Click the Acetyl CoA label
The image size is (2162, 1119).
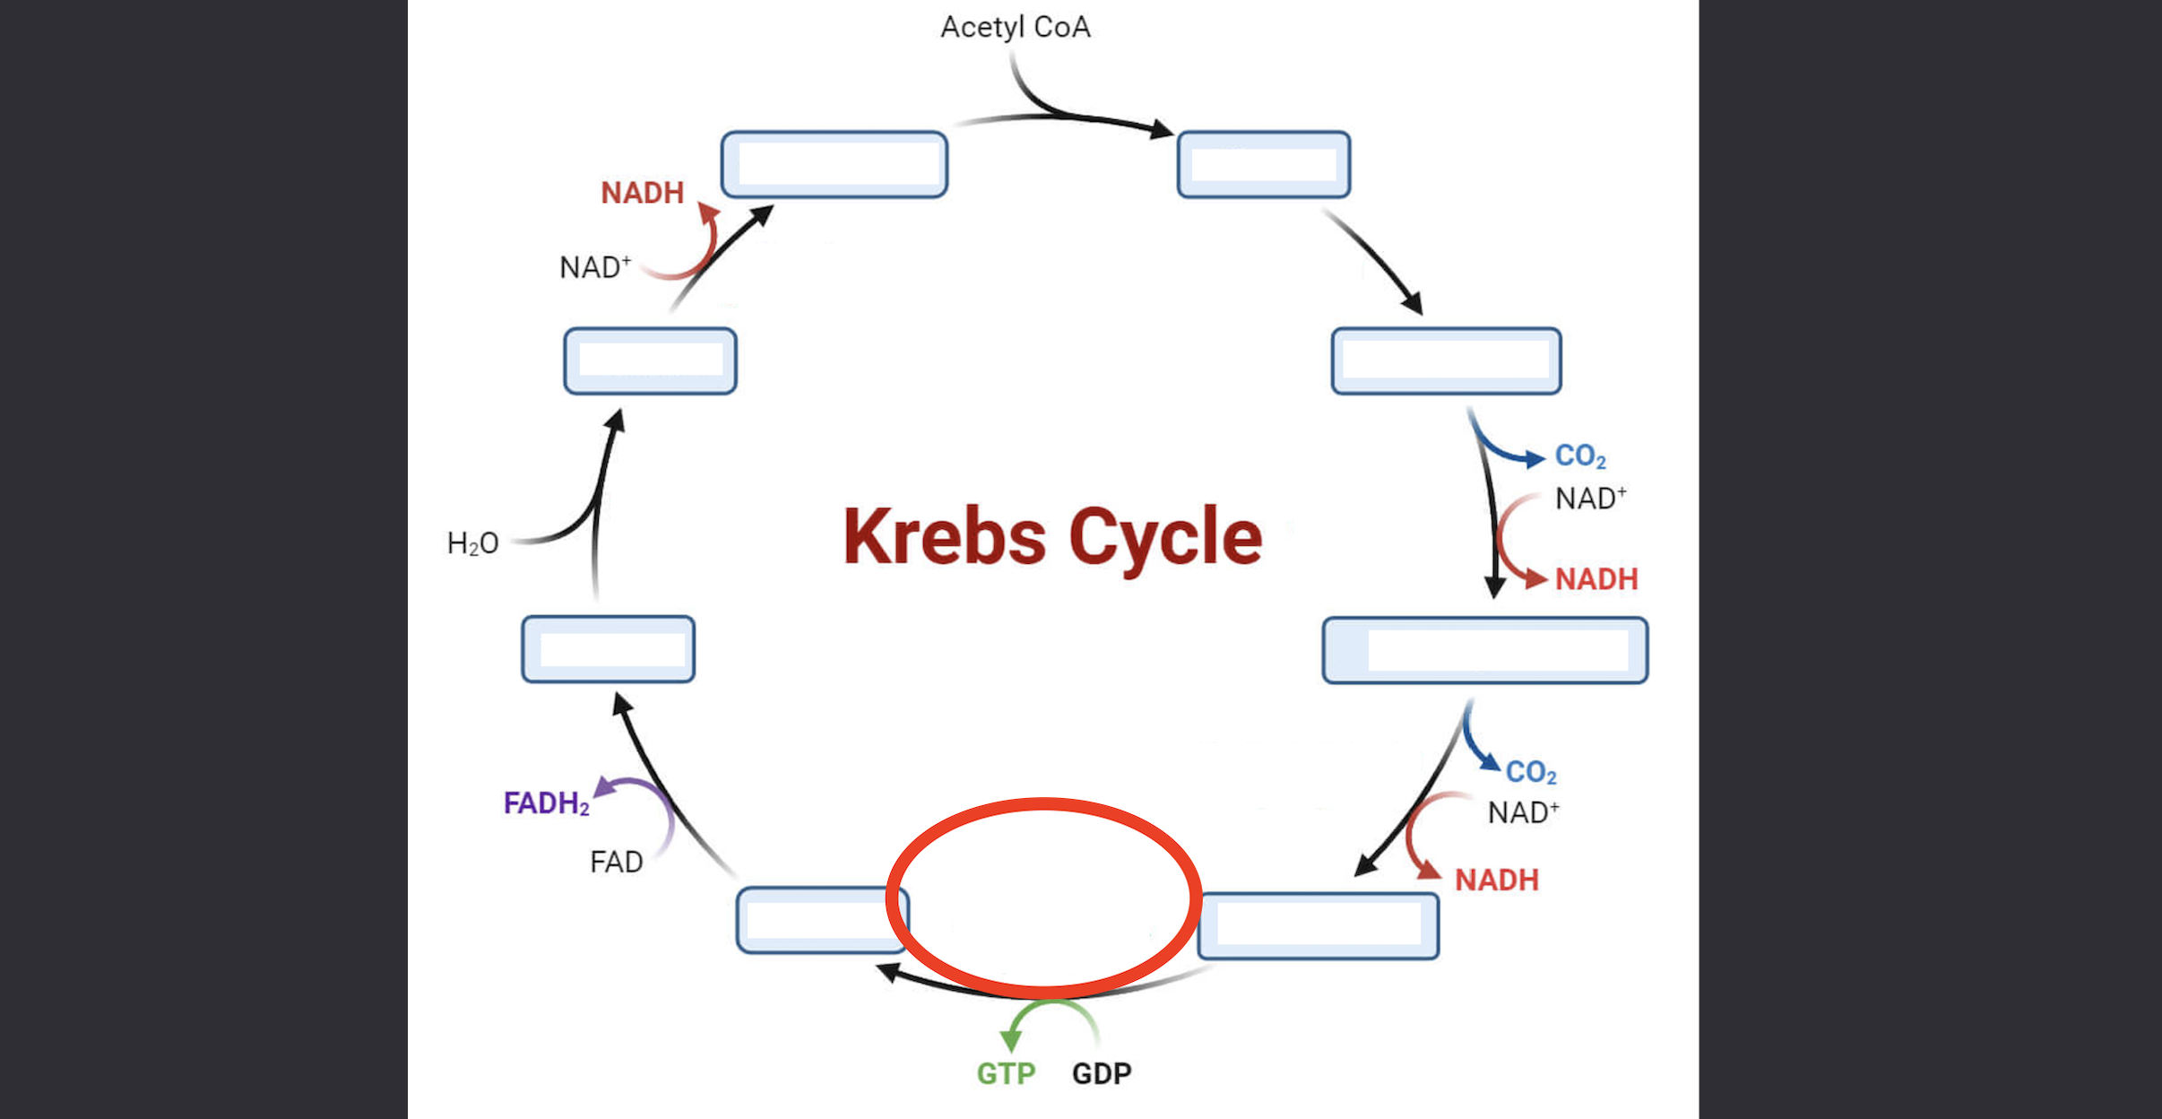(1016, 27)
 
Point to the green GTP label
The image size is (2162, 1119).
(1006, 1073)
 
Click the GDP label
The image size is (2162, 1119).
(1102, 1073)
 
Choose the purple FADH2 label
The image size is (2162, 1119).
(546, 802)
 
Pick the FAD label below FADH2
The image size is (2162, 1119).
(616, 862)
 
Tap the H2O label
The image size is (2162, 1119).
(472, 543)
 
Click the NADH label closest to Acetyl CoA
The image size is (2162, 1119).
(642, 193)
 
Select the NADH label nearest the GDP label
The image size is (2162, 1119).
(1496, 880)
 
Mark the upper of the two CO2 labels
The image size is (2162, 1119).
(1579, 455)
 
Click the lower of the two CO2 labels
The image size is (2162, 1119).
(1530, 772)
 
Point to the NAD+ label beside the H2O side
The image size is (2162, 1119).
(594, 267)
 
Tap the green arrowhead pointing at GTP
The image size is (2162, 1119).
(1011, 1040)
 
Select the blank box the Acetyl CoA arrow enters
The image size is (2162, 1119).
(1263, 164)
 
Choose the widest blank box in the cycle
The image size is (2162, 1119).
(1484, 650)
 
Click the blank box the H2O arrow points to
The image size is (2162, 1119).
(650, 360)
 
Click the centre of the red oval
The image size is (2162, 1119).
(1043, 898)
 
